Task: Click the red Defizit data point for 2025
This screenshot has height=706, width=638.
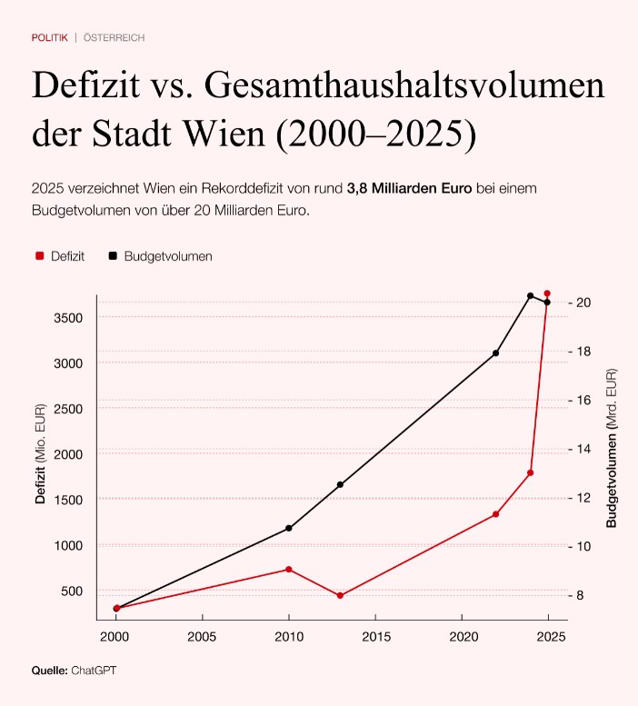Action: pyautogui.click(x=547, y=293)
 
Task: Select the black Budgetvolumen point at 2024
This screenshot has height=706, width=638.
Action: pyautogui.click(x=530, y=295)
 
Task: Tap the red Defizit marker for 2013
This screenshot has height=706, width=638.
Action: pyautogui.click(x=340, y=596)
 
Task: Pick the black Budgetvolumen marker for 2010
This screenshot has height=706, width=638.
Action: pyautogui.click(x=289, y=528)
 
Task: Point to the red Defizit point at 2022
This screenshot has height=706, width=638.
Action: pyautogui.click(x=495, y=514)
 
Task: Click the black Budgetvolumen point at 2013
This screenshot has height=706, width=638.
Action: pyautogui.click(x=340, y=484)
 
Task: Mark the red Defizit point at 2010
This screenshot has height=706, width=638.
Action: pyautogui.click(x=289, y=570)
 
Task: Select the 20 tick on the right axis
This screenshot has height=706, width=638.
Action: pyautogui.click(x=582, y=303)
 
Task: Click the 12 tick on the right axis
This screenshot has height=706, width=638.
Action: pyautogui.click(x=582, y=498)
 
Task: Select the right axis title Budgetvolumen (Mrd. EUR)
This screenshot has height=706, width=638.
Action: pyautogui.click(x=612, y=448)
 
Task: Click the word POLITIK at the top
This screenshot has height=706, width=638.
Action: pyautogui.click(x=49, y=37)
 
